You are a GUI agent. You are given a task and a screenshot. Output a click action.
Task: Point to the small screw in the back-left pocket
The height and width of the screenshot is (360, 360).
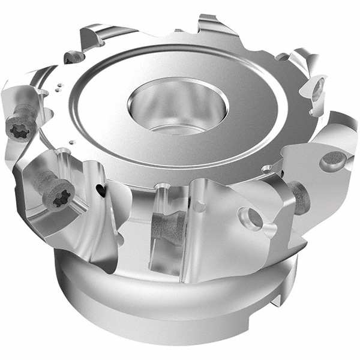(x=74, y=58)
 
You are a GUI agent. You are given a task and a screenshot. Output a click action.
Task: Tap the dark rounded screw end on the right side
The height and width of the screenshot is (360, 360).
(x=299, y=198)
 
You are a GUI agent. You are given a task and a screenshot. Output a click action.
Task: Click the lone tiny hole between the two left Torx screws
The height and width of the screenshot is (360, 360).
(x=71, y=142)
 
